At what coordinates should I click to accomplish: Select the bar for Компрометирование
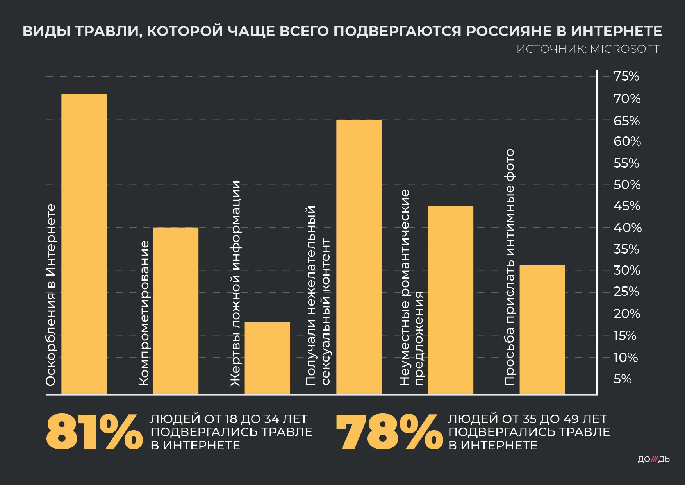[x=175, y=310]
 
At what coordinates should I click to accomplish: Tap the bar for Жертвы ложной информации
[x=267, y=358]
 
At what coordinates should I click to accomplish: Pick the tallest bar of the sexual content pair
[x=359, y=256]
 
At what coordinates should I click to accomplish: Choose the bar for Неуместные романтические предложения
[x=450, y=299]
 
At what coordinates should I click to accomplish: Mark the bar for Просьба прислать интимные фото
[x=542, y=329]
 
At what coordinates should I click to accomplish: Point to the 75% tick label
[x=626, y=76]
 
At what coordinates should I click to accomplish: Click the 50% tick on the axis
[x=627, y=184]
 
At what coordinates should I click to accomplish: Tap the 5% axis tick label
[x=623, y=379]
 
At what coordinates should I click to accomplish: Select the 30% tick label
[x=627, y=270]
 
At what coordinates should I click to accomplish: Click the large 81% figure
[x=94, y=432]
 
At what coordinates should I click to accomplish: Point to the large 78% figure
[x=389, y=432]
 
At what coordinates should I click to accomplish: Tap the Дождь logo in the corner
[x=653, y=459]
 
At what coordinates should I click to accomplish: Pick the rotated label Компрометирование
[x=144, y=313]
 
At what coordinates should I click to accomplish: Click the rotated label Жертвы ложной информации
[x=235, y=283]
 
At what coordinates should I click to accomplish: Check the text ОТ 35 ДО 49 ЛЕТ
[x=555, y=419]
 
